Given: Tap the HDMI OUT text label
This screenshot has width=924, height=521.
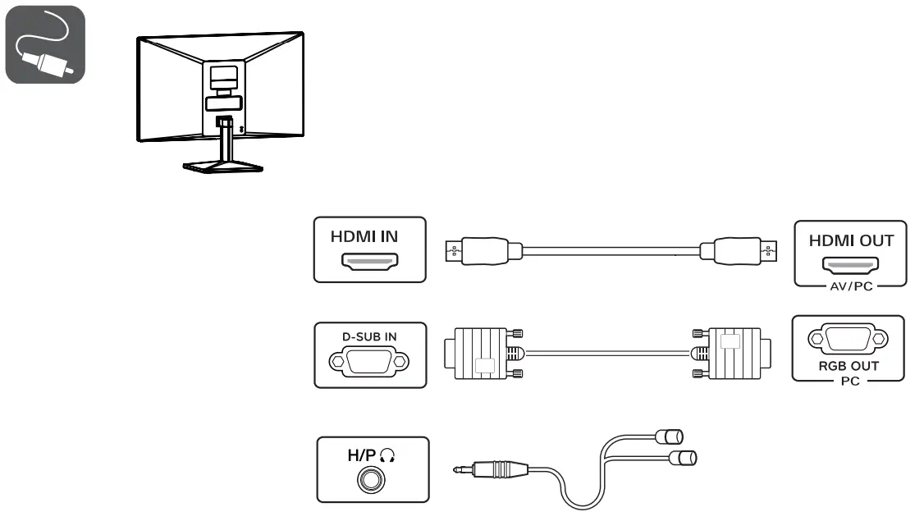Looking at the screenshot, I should [x=851, y=241].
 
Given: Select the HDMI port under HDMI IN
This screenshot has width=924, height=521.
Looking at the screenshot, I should [x=370, y=263].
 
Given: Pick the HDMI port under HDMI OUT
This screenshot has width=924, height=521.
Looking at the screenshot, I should [x=850, y=266].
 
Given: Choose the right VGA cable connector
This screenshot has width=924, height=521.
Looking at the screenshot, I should [x=730, y=353].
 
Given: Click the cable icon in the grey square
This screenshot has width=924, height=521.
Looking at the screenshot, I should [x=44, y=44].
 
